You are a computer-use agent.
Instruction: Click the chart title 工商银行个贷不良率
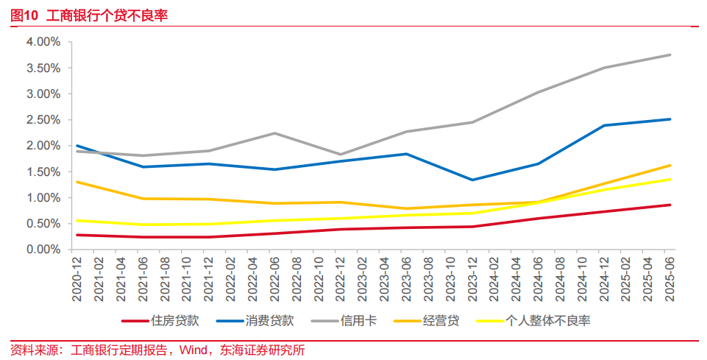tap(107, 14)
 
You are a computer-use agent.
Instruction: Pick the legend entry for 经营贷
tap(441, 321)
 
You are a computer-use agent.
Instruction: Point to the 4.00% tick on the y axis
tap(43, 42)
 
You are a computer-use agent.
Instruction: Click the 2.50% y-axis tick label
tap(43, 120)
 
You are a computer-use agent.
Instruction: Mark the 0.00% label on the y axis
tap(43, 250)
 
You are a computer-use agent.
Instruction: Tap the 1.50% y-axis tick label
tap(43, 172)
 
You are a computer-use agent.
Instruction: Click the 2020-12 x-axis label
tap(77, 278)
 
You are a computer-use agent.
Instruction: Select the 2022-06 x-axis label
tap(274, 278)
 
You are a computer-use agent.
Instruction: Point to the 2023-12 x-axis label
tap(472, 278)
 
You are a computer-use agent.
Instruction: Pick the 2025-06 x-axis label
tap(669, 278)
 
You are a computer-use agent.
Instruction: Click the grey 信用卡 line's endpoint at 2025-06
tap(669, 54)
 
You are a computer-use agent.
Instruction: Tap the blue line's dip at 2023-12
tap(472, 180)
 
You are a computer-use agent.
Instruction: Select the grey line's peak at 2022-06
tap(274, 133)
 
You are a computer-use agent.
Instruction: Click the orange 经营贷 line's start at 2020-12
tap(77, 182)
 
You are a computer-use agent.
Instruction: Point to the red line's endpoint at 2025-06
tap(669, 205)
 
